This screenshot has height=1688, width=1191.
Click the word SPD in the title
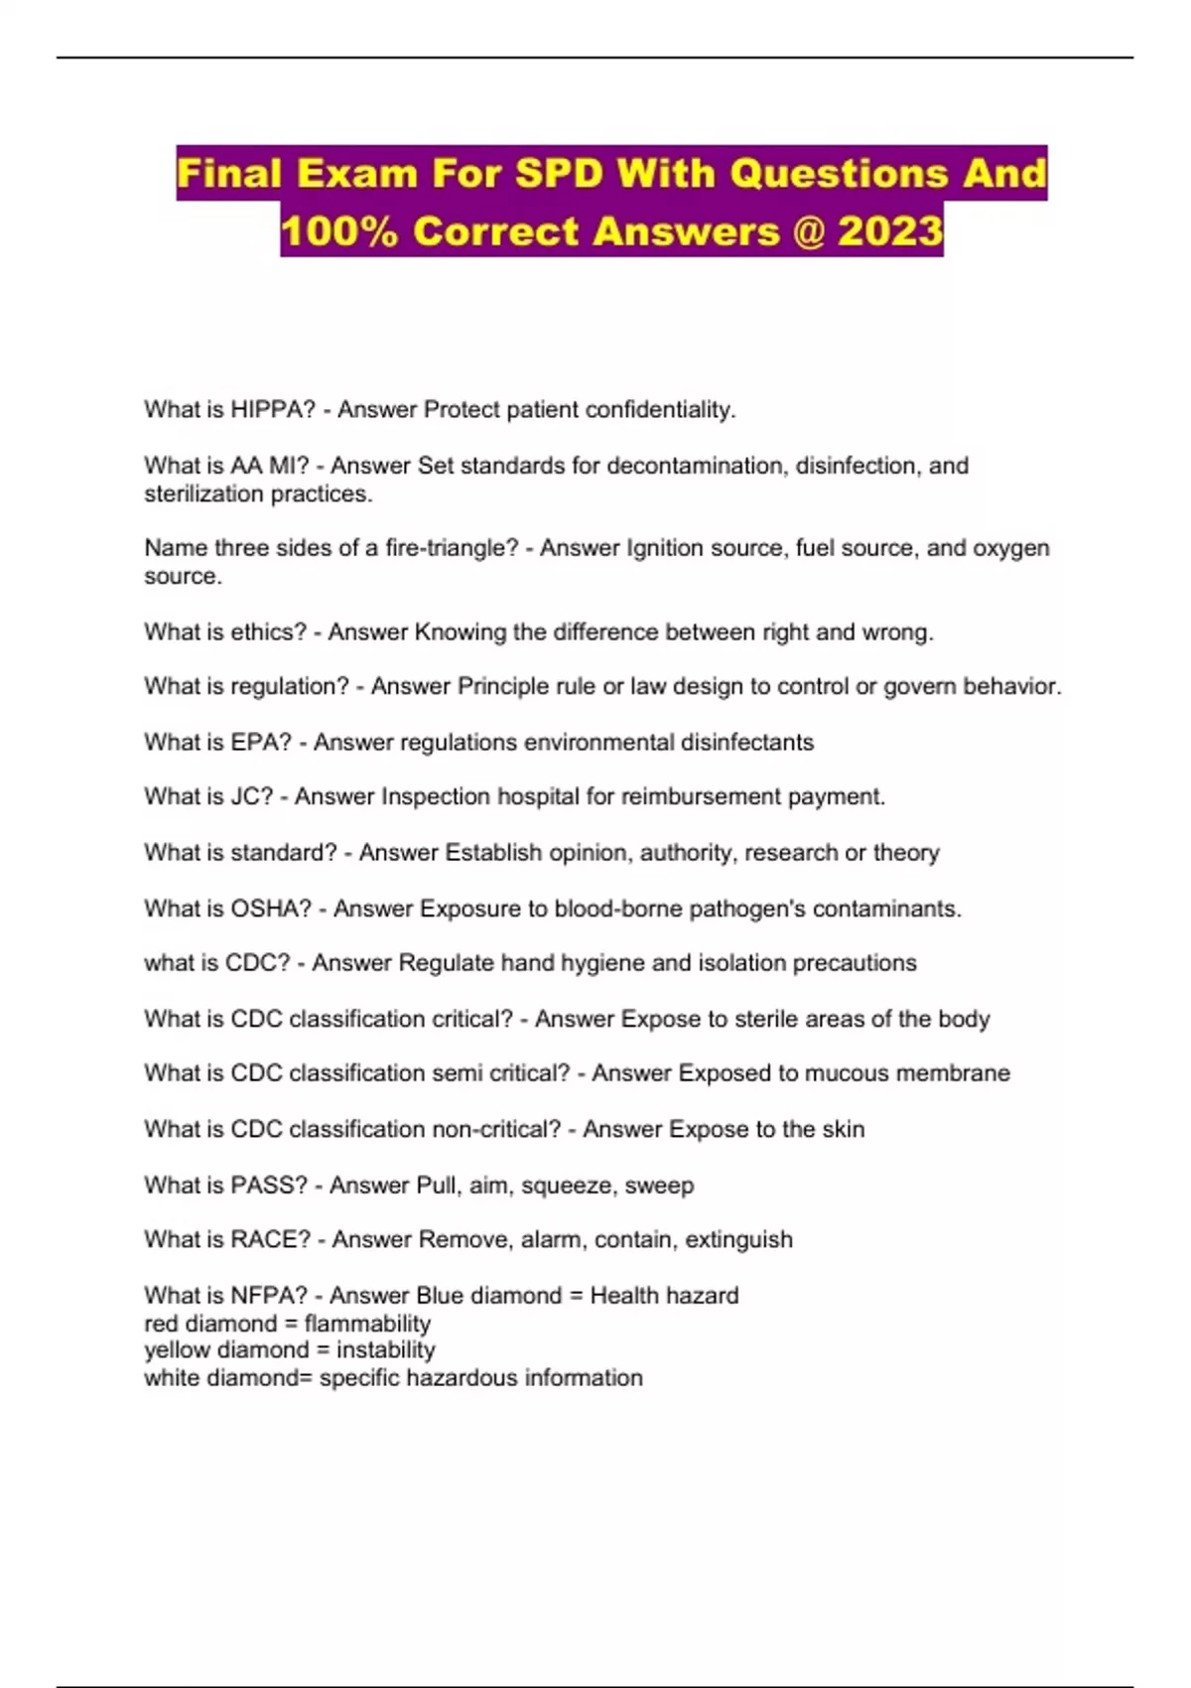(559, 174)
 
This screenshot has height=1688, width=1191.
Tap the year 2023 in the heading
(890, 231)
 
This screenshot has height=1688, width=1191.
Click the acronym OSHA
(271, 909)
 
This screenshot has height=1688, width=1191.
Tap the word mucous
(844, 1073)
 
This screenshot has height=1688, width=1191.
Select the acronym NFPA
(270, 1295)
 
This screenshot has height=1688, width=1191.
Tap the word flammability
(367, 1324)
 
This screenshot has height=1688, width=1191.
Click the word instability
(386, 1350)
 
